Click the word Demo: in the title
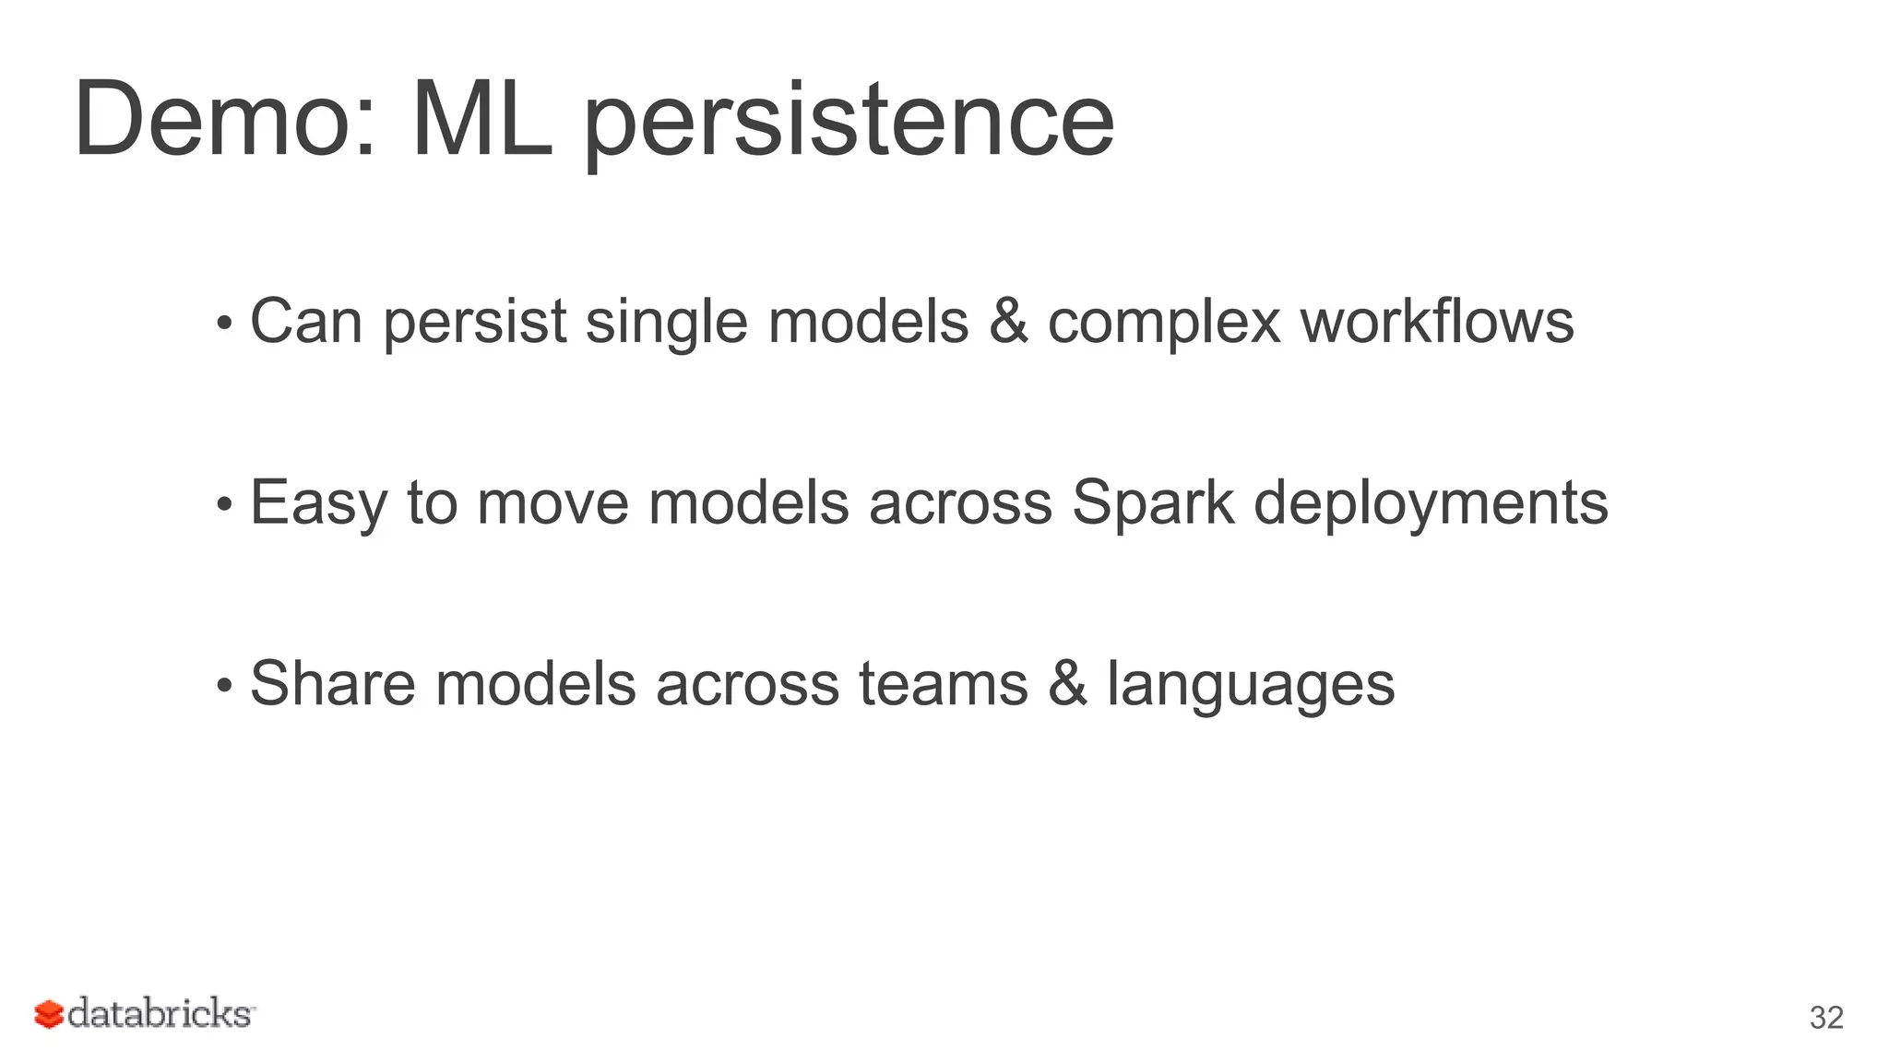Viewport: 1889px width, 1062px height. (x=225, y=120)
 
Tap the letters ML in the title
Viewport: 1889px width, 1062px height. (x=481, y=120)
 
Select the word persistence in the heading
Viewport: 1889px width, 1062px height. (x=849, y=124)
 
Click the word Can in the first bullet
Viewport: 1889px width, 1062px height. (x=306, y=322)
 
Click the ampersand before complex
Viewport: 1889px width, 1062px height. (x=1008, y=322)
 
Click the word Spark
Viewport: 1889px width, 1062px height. (x=1152, y=503)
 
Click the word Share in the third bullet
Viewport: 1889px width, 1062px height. (x=333, y=684)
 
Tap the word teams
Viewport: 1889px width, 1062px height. (x=943, y=684)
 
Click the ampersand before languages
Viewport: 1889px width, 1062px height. (x=1067, y=684)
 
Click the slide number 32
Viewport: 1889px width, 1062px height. (x=1826, y=1018)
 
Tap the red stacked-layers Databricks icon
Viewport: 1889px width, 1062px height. (x=49, y=1014)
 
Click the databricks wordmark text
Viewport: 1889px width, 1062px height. (x=160, y=1014)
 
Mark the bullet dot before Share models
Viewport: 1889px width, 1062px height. (x=223, y=686)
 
